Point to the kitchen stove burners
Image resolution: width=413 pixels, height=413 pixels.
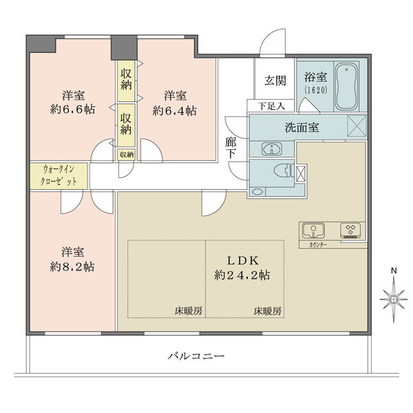pos(351,230)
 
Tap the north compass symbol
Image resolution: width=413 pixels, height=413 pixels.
pos(393,297)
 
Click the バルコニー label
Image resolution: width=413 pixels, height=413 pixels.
pos(197,356)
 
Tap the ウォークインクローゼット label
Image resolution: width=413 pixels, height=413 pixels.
pos(59,175)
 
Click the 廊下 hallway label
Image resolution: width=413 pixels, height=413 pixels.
pos(231,147)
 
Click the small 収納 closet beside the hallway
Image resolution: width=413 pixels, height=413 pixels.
pos(126,155)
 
